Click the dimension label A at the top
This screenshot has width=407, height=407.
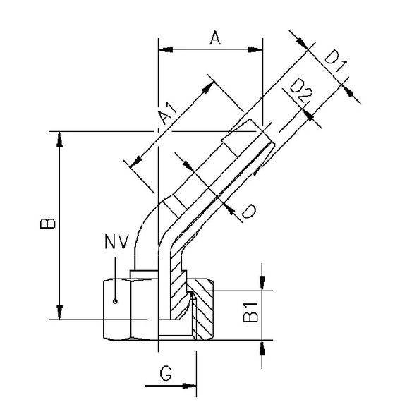216,40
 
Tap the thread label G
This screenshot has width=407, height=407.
165,374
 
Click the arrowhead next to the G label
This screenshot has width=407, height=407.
190,386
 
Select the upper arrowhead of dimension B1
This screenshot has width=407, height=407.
262,283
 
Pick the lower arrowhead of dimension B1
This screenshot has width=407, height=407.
262,347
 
